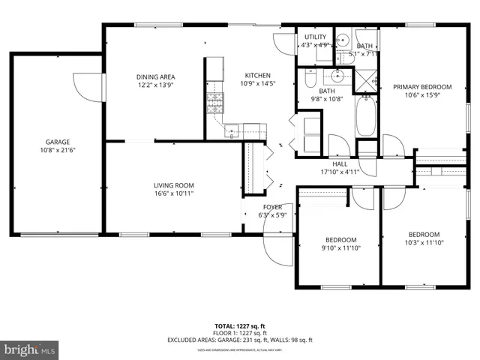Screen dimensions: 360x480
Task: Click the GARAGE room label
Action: click(x=58, y=142)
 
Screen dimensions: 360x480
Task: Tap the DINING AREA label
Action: click(x=155, y=76)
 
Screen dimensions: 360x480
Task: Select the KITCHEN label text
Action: click(x=257, y=75)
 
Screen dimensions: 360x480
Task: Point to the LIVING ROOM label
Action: click(x=174, y=185)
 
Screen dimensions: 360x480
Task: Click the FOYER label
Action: click(x=271, y=207)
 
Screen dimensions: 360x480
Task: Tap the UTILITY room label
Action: click(x=314, y=36)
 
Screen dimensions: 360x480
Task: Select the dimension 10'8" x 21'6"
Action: click(x=58, y=150)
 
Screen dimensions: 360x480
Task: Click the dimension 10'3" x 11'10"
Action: click(x=424, y=242)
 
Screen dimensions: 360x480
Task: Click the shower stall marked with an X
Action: click(x=367, y=81)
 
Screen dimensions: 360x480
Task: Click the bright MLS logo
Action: click(x=30, y=349)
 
